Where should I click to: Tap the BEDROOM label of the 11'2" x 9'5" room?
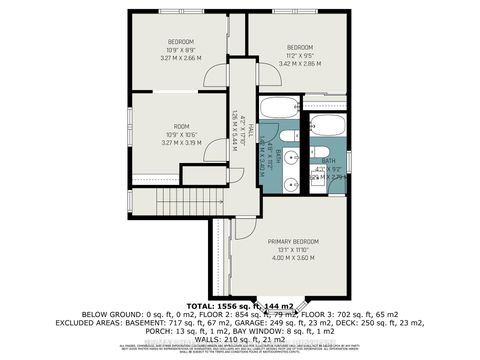pos(300,46)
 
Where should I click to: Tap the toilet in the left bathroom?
pos(285,139)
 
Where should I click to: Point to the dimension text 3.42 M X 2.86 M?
pos(300,62)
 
